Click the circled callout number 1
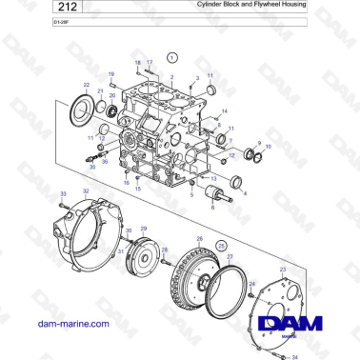[171, 58]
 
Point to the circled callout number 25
[222, 245]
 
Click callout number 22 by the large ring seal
[87, 85]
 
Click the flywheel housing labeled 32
[81, 233]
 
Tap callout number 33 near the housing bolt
[63, 194]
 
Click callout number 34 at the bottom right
[294, 356]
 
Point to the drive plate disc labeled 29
[146, 256]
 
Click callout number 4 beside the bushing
[245, 193]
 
